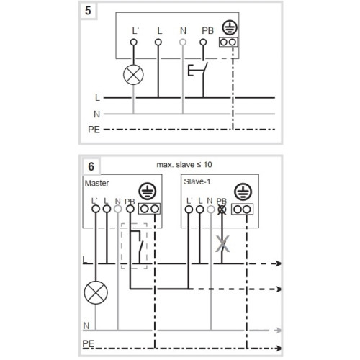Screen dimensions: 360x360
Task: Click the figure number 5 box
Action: [88, 11]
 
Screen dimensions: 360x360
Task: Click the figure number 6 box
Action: [91, 166]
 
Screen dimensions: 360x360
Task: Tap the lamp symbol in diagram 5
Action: [133, 75]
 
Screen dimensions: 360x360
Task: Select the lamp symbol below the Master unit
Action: [96, 292]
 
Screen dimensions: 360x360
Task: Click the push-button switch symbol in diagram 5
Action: [198, 71]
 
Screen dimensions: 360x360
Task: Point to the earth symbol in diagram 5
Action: [230, 27]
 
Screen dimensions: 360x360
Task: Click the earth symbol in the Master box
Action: [148, 192]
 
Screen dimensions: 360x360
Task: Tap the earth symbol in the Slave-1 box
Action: [243, 192]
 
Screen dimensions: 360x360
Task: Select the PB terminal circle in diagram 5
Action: [203, 42]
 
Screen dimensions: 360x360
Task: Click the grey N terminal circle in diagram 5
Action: [183, 42]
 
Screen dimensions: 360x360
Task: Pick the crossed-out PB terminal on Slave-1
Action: [222, 210]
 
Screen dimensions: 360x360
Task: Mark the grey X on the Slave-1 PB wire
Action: [222, 244]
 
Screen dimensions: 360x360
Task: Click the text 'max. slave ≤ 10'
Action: [184, 165]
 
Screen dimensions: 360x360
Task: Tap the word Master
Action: [96, 183]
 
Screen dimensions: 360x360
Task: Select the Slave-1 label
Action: [197, 181]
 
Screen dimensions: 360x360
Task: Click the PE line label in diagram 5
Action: [94, 130]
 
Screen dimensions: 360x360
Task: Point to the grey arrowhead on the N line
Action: [277, 330]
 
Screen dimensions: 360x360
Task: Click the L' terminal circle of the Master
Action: [96, 209]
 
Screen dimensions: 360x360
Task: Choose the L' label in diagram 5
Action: [135, 31]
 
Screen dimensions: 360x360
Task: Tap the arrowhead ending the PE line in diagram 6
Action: [278, 348]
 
